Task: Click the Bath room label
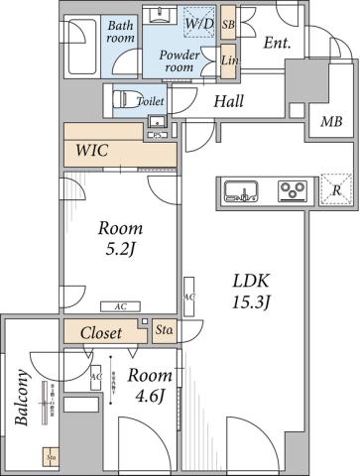click(120, 32)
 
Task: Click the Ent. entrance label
click(278, 42)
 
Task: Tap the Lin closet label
click(228, 60)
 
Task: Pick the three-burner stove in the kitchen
click(293, 189)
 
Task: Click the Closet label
click(101, 332)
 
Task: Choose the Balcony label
click(21, 398)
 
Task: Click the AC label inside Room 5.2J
click(119, 306)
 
